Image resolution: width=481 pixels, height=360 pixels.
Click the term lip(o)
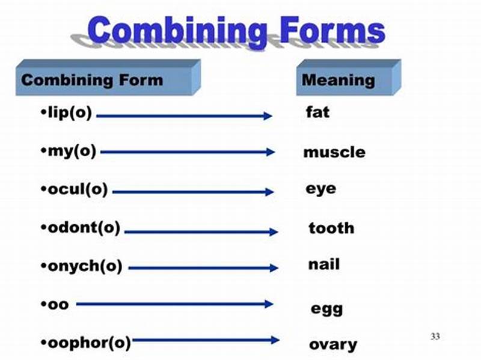[67, 113]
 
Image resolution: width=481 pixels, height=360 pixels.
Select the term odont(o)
[82, 228]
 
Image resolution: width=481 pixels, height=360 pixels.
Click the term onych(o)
[82, 266]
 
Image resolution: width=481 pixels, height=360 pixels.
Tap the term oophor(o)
[87, 342]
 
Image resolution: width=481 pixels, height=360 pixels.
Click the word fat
[317, 112]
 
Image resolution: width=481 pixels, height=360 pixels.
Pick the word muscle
[334, 152]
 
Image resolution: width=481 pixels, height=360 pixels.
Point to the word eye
[320, 189]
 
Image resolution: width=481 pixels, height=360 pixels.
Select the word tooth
[331, 228]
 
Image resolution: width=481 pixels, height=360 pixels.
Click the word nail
[323, 264]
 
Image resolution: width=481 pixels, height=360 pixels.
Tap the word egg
[326, 309]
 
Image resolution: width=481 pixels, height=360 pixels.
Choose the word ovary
[332, 344]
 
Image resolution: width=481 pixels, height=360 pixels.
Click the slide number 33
[435, 335]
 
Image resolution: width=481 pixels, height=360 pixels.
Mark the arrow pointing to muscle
[188, 152]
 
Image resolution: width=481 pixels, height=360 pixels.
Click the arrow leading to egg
[174, 304]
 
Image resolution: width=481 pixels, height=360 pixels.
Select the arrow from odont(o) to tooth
[201, 231]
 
